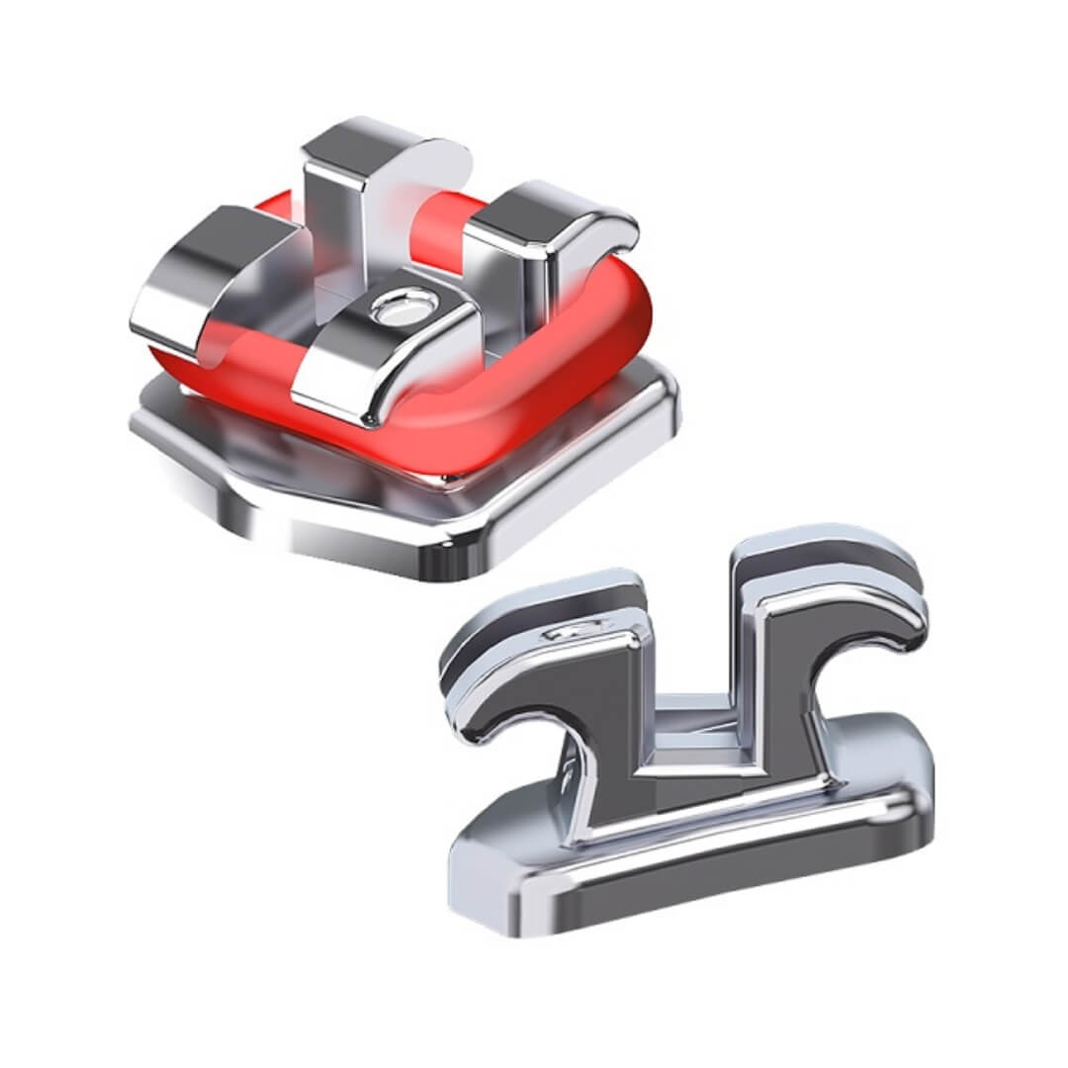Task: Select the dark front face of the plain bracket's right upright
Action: [x=781, y=692]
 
